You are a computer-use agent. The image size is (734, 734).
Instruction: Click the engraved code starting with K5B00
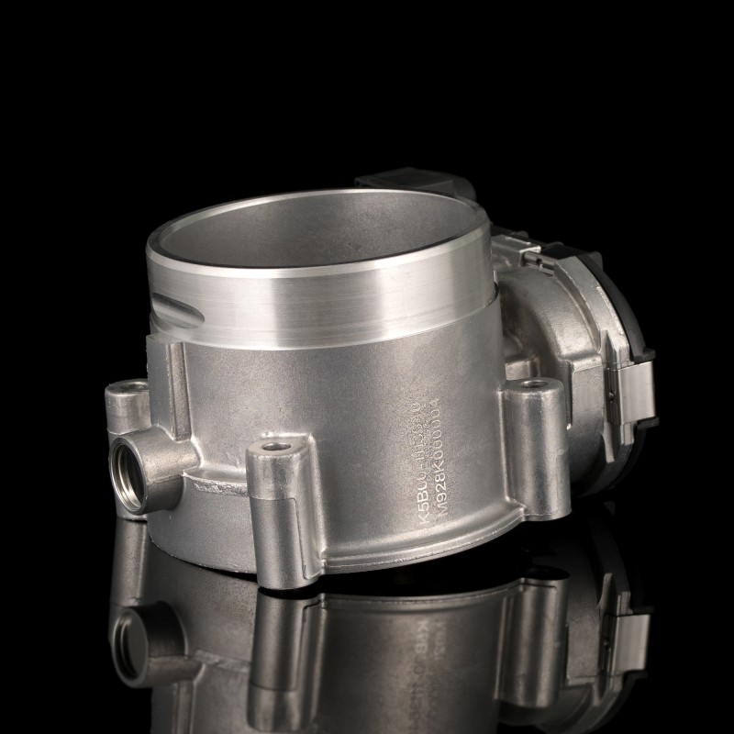[x=424, y=468]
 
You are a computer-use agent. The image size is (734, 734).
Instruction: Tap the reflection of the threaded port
[x=128, y=633]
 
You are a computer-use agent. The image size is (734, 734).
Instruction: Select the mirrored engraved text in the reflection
[x=431, y=633]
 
